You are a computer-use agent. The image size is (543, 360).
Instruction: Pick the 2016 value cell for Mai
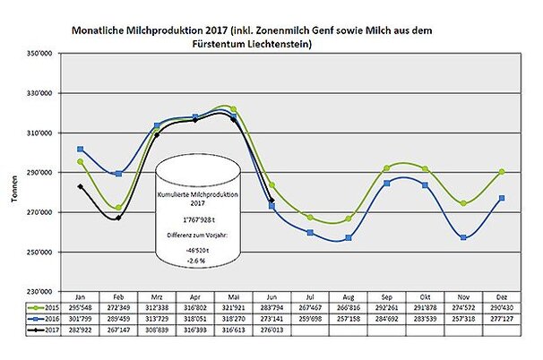[234, 318]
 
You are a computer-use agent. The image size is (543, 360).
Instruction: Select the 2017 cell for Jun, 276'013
[271, 330]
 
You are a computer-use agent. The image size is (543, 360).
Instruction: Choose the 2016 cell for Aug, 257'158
[349, 318]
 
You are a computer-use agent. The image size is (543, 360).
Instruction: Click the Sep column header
[386, 296]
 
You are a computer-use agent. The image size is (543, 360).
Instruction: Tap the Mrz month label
[157, 296]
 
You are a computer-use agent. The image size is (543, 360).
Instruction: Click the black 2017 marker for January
[81, 187]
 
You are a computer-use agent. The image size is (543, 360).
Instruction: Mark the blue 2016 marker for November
[462, 237]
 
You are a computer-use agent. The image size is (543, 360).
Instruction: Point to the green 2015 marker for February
[118, 208]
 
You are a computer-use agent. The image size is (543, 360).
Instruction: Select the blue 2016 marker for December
[501, 198]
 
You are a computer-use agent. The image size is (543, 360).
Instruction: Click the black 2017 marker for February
[118, 218]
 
